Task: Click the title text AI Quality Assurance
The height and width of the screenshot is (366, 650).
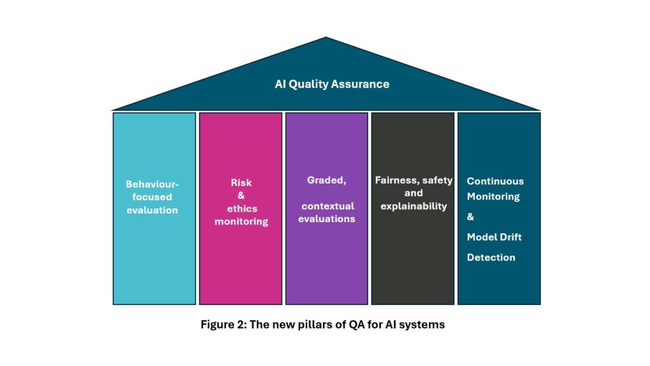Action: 332,84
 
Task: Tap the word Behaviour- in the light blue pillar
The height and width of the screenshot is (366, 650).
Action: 152,184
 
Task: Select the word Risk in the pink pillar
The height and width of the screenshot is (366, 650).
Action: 241,183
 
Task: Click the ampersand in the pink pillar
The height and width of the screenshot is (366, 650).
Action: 241,196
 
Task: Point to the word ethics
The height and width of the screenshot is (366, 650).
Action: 241,208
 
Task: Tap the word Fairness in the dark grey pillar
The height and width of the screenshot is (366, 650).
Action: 395,180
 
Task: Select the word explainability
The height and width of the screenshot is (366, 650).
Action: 413,206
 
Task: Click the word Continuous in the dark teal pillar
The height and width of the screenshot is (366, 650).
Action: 495,181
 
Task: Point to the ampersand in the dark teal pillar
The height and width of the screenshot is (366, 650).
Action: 470,217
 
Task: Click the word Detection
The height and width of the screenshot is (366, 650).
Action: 491,257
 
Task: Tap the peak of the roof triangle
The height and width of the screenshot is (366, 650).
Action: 326,38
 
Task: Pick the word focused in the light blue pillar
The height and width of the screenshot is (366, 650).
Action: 152,197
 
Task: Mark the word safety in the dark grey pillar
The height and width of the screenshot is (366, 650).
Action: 437,180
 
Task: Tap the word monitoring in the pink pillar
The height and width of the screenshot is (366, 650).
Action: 241,221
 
